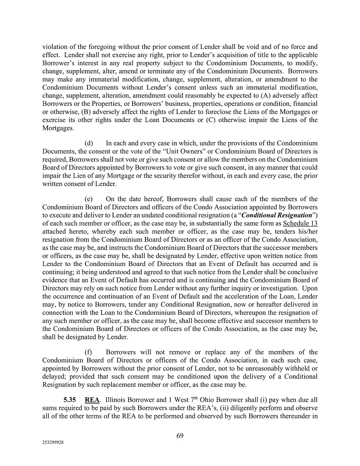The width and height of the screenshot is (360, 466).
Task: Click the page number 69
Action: tap(180, 436)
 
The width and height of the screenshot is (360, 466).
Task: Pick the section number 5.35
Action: tap(70, 400)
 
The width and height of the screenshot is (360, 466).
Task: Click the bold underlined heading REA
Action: tap(92, 400)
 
